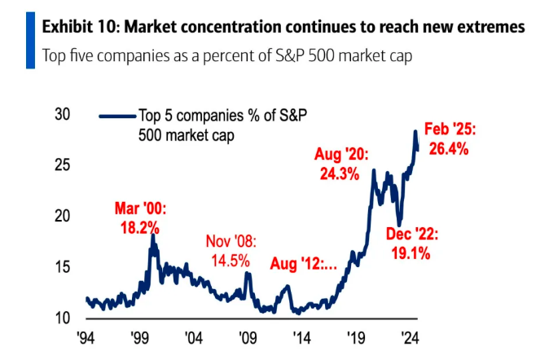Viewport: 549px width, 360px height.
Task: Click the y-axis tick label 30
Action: point(61,115)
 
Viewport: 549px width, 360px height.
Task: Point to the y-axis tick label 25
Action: point(61,165)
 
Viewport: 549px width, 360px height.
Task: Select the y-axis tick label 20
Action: point(61,217)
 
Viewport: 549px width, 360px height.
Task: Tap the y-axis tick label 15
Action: point(61,267)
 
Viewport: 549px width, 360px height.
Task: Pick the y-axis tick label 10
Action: point(61,318)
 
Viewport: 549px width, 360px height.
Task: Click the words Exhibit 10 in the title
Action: point(80,28)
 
